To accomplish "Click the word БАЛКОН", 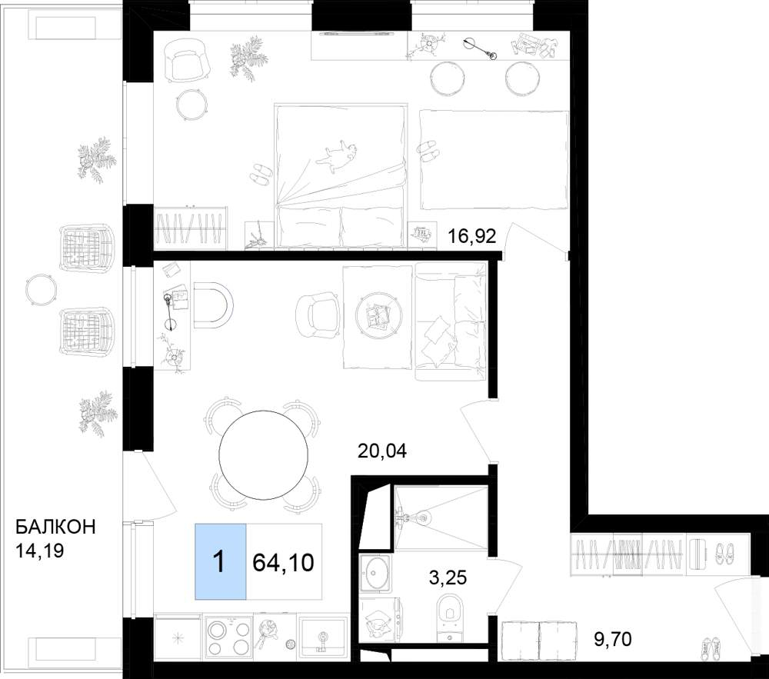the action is (x=55, y=527).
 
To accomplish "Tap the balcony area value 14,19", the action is (x=40, y=551).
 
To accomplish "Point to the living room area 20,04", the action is (x=382, y=451).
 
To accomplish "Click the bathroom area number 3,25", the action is (x=448, y=577).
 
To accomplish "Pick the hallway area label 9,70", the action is (x=613, y=639).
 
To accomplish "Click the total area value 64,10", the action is (x=283, y=562).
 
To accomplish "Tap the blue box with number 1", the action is (x=221, y=561).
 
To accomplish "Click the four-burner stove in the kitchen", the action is (x=227, y=635).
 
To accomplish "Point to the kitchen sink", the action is (x=322, y=636).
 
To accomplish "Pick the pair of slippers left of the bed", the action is (x=261, y=174).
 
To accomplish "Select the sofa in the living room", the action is (x=451, y=321).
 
